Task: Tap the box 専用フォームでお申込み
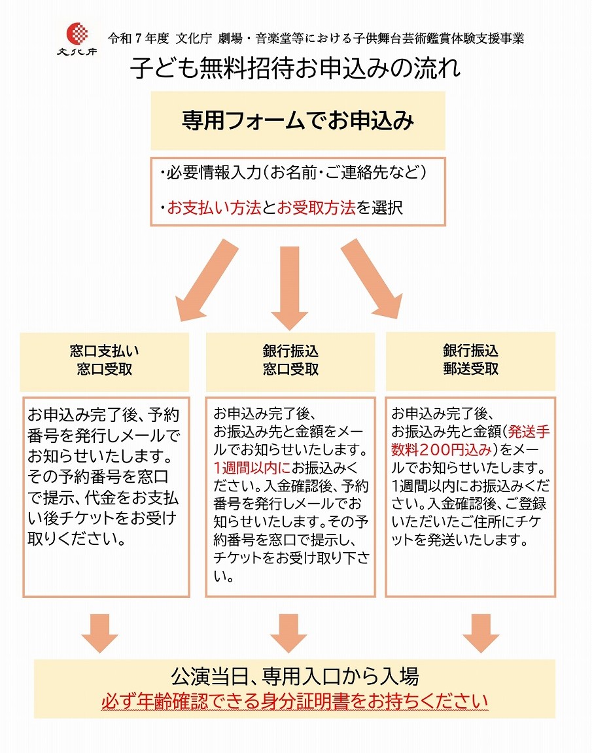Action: (x=298, y=120)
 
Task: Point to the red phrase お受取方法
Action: (x=317, y=208)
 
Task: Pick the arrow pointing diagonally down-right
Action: (x=373, y=278)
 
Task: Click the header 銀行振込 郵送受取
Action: (x=470, y=360)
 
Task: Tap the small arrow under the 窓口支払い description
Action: (x=100, y=633)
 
